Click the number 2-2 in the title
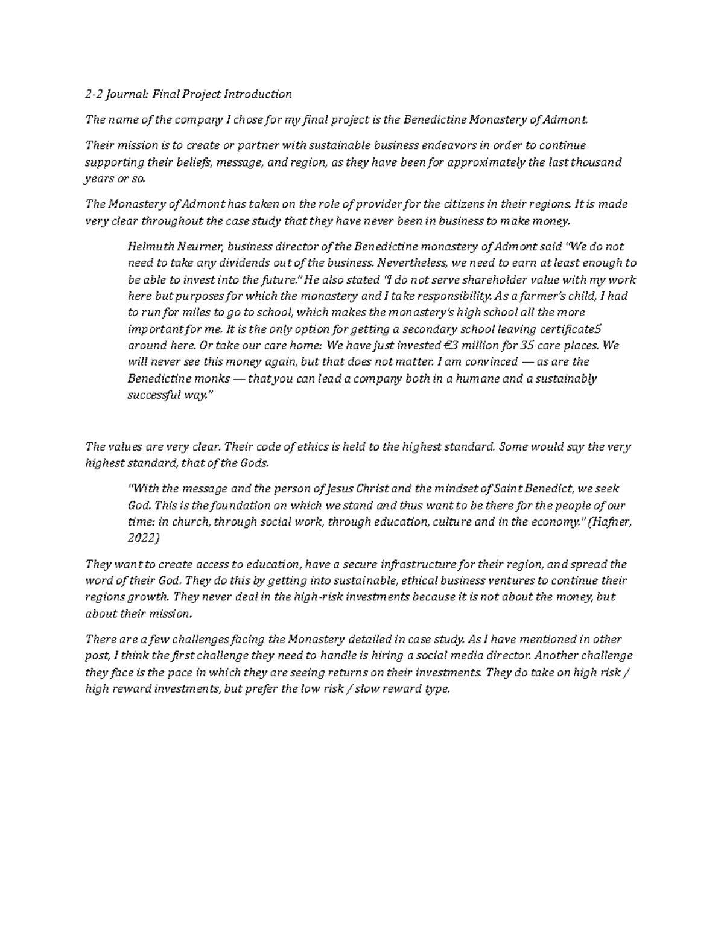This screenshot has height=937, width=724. [x=94, y=94]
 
